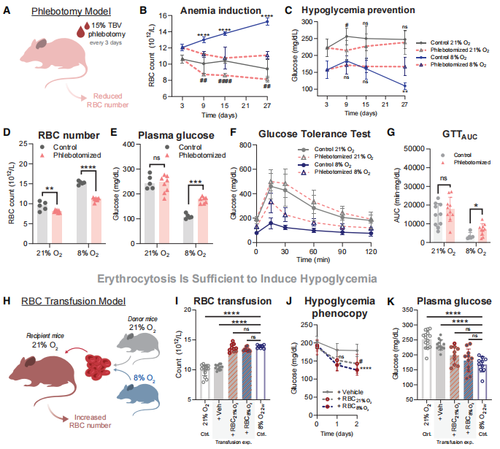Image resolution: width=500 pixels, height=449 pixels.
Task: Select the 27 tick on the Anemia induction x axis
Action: [x=267, y=105]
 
